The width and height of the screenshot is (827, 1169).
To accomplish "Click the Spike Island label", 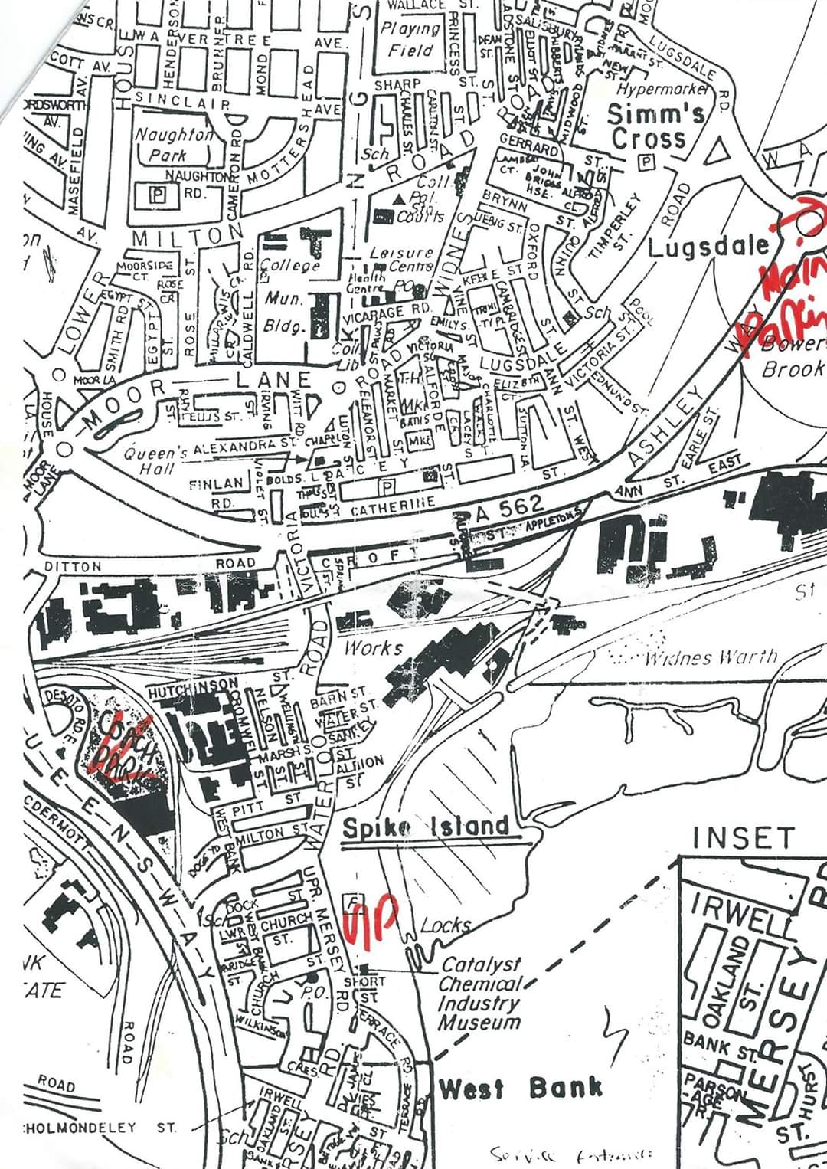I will [x=426, y=827].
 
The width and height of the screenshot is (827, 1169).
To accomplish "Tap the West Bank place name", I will [x=520, y=1088].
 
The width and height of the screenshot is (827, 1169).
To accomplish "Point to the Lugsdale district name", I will [x=708, y=247].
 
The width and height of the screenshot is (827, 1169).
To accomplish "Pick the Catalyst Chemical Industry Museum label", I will [x=480, y=993].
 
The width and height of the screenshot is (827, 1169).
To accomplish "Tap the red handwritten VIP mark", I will [x=371, y=918].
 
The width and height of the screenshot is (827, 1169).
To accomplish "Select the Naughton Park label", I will [x=173, y=144].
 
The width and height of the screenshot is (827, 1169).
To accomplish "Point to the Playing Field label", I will [x=411, y=40].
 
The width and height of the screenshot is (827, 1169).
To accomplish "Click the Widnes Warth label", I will [x=711, y=657].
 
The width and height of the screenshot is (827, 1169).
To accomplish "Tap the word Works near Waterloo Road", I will [x=373, y=647].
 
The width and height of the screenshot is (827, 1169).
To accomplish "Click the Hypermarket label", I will [x=663, y=90].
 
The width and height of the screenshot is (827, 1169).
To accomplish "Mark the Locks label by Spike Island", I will [x=445, y=925].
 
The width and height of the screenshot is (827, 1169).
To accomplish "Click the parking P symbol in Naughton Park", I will [x=157, y=195].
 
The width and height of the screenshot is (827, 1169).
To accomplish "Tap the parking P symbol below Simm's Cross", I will [x=647, y=162].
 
